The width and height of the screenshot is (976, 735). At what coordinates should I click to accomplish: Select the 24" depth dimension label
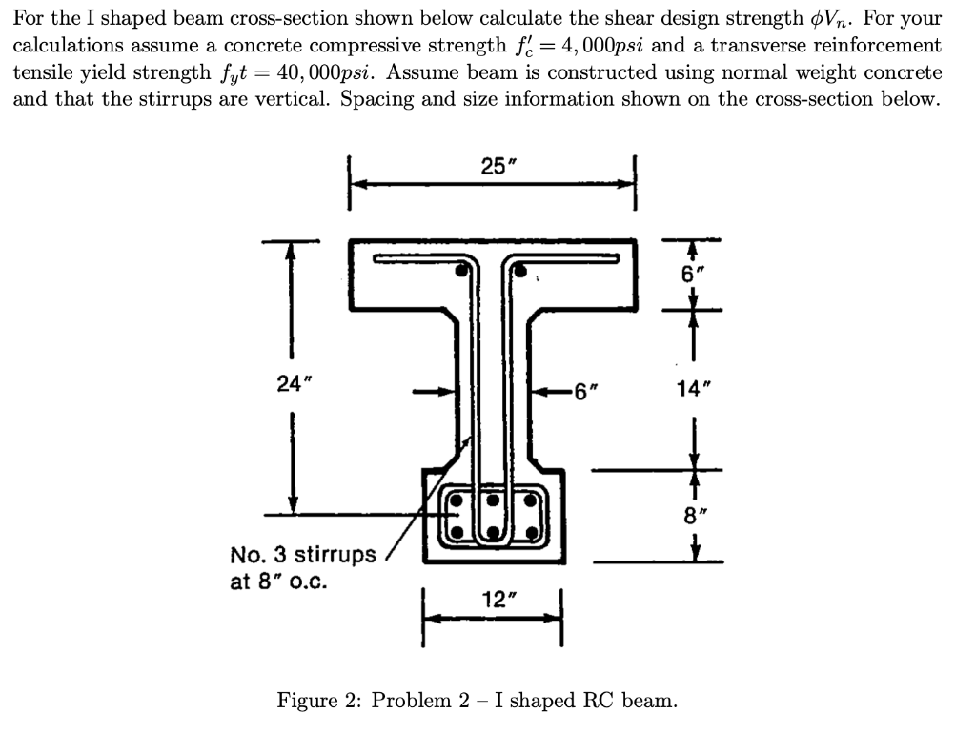pyautogui.click(x=290, y=384)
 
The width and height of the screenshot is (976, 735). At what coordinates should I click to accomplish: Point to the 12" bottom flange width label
pyautogui.click(x=495, y=599)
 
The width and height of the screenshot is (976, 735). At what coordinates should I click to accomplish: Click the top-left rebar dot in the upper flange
pyautogui.click(x=462, y=271)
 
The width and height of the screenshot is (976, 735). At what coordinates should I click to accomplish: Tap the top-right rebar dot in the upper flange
pyautogui.click(x=521, y=271)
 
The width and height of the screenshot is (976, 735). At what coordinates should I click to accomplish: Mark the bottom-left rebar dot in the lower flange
pyautogui.click(x=457, y=532)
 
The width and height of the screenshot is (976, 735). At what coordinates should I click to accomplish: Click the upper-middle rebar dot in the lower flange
pyautogui.click(x=495, y=500)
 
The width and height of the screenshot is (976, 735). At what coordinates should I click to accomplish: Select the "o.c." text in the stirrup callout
pyautogui.click(x=307, y=580)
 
